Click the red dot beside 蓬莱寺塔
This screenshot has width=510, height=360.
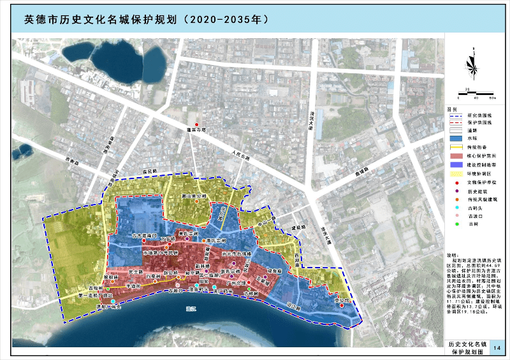(x=197, y=124)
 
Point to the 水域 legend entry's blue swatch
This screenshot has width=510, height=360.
(x=455, y=138)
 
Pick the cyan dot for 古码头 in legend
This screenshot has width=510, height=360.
(x=455, y=206)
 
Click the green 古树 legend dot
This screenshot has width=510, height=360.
(x=455, y=223)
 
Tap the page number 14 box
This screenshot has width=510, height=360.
(x=497, y=348)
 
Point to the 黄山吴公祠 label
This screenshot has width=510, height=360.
(x=193, y=197)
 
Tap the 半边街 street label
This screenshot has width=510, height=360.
(x=133, y=286)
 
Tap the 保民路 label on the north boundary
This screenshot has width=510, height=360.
(x=149, y=171)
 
